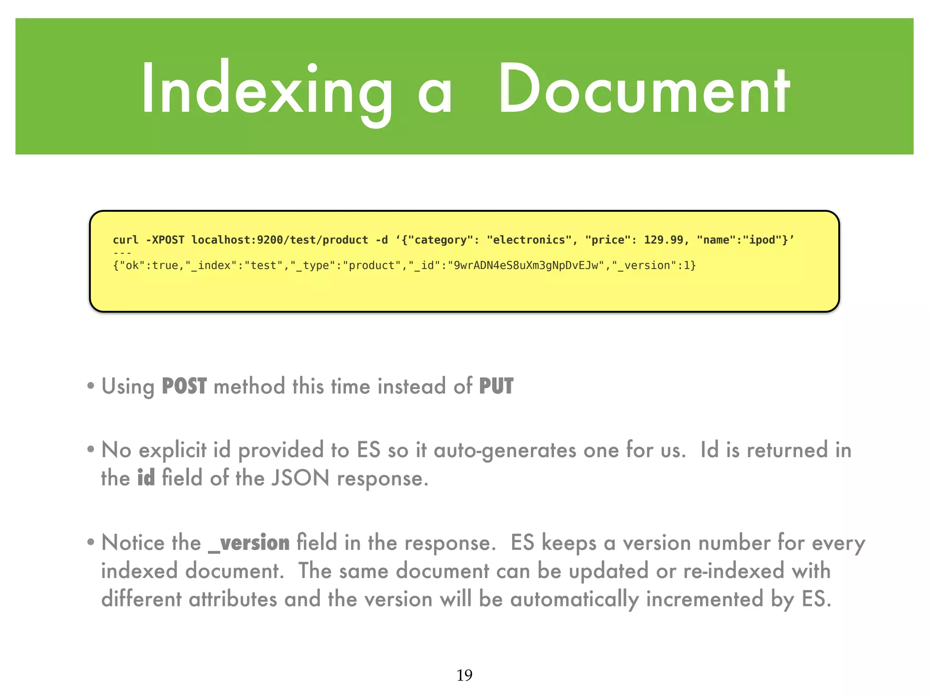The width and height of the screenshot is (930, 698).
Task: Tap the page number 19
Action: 464,675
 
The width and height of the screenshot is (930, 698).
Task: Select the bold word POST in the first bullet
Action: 184,387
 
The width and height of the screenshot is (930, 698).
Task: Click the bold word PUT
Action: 496,387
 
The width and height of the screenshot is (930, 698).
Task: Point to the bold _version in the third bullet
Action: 249,543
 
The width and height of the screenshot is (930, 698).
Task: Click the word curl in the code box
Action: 125,240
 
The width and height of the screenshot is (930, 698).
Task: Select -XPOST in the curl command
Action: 165,240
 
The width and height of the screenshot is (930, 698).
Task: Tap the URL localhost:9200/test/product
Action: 279,240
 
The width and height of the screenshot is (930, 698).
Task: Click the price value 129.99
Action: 663,240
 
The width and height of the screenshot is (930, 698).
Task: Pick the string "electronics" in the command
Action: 529,240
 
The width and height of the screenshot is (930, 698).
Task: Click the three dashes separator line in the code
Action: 122,253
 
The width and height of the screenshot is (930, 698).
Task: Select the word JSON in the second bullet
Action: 300,479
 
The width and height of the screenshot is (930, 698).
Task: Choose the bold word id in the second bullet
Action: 146,479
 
